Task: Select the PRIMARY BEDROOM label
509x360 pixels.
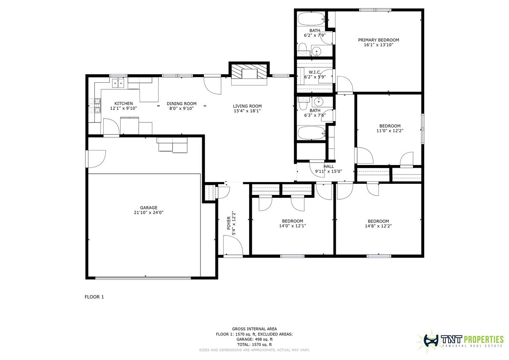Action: [378, 40]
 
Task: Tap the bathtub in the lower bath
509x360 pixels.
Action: [311, 133]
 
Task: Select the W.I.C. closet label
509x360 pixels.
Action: [314, 72]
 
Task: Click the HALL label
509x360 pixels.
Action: [329, 166]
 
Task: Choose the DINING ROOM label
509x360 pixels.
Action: [181, 104]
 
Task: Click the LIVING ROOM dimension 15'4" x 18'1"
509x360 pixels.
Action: [247, 111]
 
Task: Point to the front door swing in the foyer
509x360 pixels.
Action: [233, 246]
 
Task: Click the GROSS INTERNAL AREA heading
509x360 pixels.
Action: [254, 329]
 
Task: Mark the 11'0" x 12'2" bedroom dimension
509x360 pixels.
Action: [390, 131]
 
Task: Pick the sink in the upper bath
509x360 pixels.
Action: [317, 52]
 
